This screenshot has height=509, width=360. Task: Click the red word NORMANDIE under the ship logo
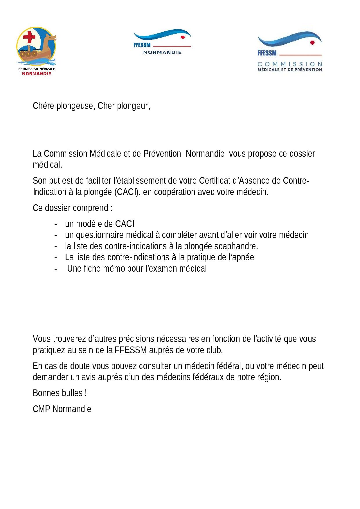37,73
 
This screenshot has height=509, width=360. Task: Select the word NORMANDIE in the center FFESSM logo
162,52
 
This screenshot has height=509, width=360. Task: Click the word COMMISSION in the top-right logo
290,64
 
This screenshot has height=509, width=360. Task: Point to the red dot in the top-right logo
312,42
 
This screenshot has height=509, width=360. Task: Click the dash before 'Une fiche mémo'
55,269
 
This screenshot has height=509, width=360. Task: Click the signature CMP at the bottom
42,409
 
